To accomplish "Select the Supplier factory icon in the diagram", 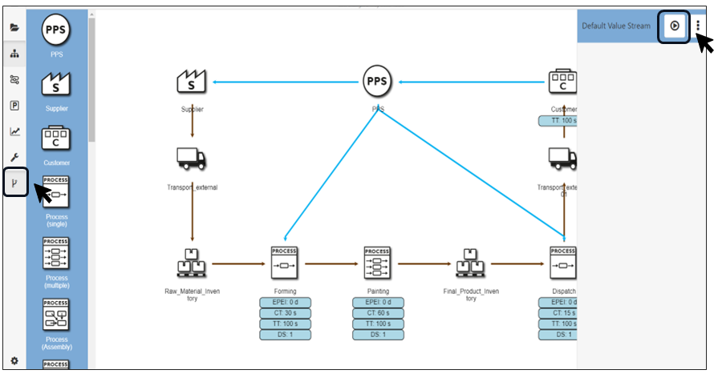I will pyautogui.click(x=192, y=81).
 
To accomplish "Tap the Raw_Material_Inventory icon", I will pyautogui.click(x=192, y=261).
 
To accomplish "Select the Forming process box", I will pyautogui.click(x=285, y=261).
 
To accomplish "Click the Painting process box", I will pyautogui.click(x=377, y=261).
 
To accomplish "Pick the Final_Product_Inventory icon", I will pyautogui.click(x=470, y=261).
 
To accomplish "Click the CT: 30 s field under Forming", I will pyautogui.click(x=285, y=312).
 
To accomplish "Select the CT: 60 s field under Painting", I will pyautogui.click(x=377, y=312).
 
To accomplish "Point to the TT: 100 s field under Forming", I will pyautogui.click(x=285, y=324).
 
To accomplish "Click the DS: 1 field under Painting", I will pyautogui.click(x=377, y=334).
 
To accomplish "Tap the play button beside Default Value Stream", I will pyautogui.click(x=675, y=26).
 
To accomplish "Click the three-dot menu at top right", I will pyautogui.click(x=698, y=26).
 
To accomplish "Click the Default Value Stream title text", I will pyautogui.click(x=616, y=26).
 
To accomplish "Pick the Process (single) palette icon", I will pyautogui.click(x=56, y=191).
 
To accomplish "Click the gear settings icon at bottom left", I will pyautogui.click(x=14, y=361).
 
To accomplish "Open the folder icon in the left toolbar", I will pyautogui.click(x=14, y=28).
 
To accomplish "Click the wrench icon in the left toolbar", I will pyautogui.click(x=14, y=158).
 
